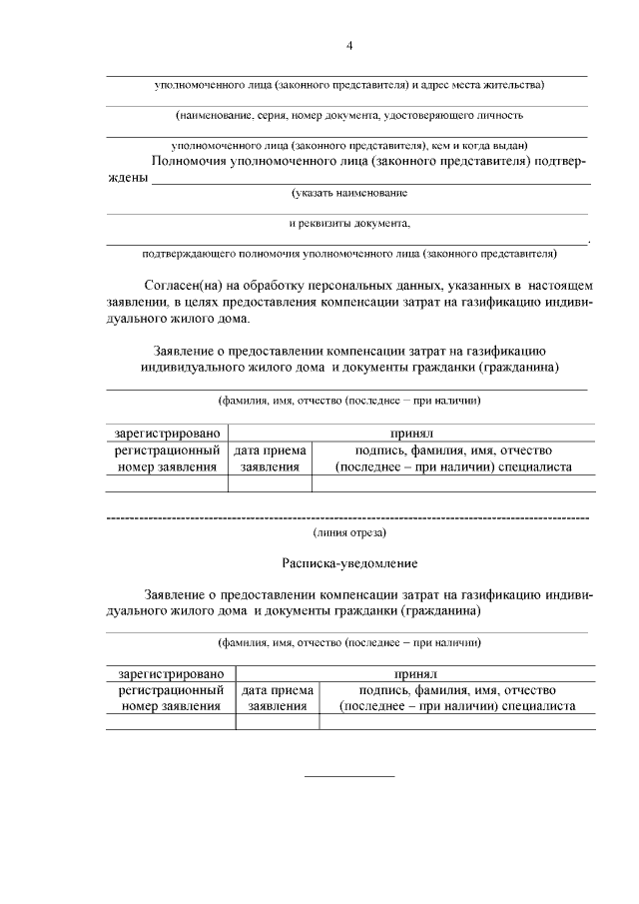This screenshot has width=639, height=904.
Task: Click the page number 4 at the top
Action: [348, 44]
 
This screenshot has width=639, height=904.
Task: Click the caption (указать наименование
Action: [348, 192]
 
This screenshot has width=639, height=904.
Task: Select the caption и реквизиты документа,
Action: [348, 224]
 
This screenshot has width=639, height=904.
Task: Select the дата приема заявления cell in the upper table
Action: [270, 458]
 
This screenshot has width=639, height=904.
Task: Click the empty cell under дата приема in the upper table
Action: [270, 484]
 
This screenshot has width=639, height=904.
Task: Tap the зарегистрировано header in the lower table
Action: [170, 674]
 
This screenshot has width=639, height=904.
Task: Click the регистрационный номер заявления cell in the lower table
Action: [170, 698]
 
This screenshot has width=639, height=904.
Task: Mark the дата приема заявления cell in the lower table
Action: [277, 698]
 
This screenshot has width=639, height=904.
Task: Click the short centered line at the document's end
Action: [348, 776]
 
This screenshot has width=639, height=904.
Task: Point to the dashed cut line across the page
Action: [348, 518]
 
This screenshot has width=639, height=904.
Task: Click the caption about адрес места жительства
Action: [348, 85]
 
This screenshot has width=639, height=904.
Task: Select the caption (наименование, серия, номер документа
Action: [348, 116]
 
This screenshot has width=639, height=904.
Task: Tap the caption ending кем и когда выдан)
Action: [348, 145]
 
